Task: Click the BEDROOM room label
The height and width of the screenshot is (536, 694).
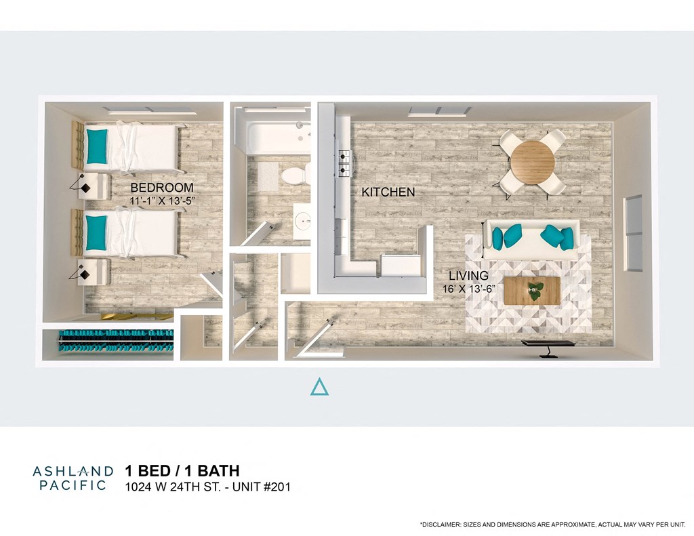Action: [x=162, y=188]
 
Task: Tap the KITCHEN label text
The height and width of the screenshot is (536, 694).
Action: [x=388, y=192]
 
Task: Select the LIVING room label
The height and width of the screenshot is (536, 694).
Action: [x=468, y=276]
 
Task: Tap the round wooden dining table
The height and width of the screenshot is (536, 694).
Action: [x=532, y=162]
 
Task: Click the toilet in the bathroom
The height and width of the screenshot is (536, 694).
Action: [x=294, y=175]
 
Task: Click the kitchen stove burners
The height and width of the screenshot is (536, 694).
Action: [x=344, y=160]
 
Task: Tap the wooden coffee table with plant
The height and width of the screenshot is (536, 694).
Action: [x=533, y=291]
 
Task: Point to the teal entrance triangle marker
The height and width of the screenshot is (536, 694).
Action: [x=319, y=387]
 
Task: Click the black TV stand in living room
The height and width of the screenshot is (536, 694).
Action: [x=548, y=346]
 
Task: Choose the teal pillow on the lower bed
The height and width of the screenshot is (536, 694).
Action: [x=96, y=232]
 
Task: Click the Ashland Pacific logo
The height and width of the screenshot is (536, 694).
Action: [x=73, y=477]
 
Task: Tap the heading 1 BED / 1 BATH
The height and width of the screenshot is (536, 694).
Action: [x=182, y=471]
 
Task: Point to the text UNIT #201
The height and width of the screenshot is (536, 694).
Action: [x=260, y=487]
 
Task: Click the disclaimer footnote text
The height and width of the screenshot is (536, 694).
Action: [x=553, y=524]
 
